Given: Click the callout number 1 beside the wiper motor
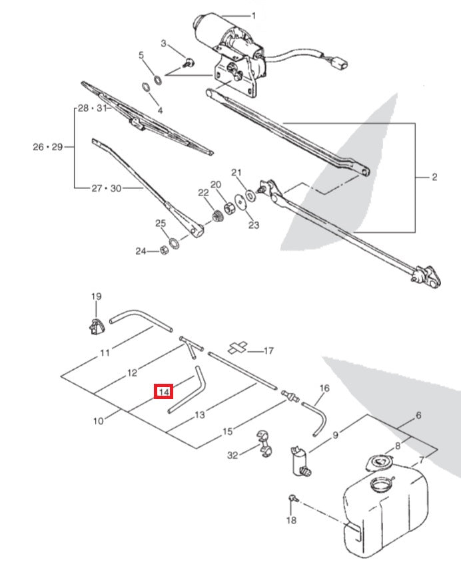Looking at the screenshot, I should coord(253,15).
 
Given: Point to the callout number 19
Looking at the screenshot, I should coord(95,297).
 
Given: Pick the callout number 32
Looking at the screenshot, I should coord(232,456).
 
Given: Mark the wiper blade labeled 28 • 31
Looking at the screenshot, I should coord(147,120).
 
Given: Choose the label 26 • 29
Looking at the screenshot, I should coord(47,147).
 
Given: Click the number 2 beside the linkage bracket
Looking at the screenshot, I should coord(434,177).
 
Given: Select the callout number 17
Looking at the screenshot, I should coord(269,351).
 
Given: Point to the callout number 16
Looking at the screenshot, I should coord(324,388).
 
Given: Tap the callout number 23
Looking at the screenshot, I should coord(254,225).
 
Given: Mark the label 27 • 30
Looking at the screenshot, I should coord(106,189).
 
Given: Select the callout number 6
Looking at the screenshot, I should coord(418,416).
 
